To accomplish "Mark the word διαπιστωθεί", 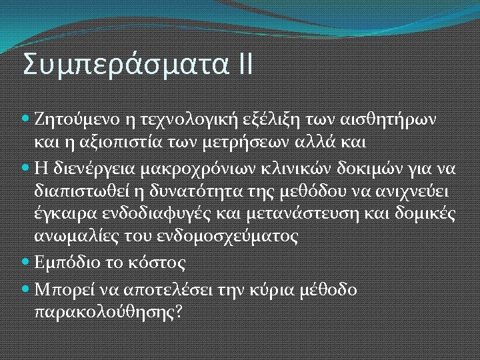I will pyautogui.click(x=79, y=193).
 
